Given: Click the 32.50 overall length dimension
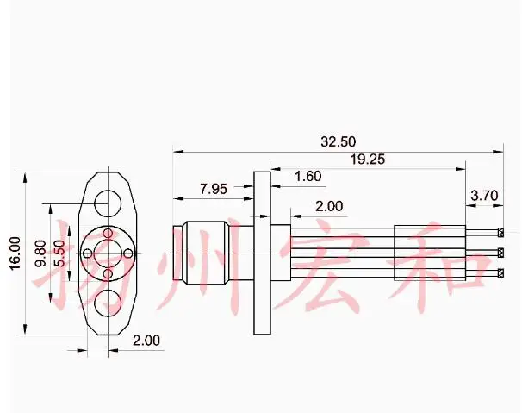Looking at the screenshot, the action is [339, 141].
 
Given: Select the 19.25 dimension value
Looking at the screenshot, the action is [368, 160].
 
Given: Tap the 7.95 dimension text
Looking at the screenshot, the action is [214, 189].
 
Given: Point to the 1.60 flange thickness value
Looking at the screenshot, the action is [308, 176].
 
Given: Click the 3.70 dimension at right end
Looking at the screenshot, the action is [484, 196].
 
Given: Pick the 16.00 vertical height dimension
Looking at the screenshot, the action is [16, 253].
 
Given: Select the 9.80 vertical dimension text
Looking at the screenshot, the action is [40, 253].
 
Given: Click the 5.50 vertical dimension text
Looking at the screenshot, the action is [60, 253].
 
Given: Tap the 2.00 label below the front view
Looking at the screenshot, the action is [146, 341].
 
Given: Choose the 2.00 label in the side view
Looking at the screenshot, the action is [329, 206].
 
